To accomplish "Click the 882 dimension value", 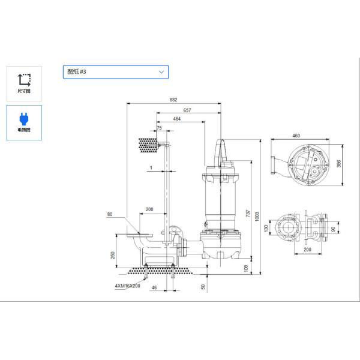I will tap(173, 100).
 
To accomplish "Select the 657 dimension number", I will tap(187, 110).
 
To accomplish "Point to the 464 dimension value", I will tap(177, 119).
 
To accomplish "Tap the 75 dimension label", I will tap(158, 128).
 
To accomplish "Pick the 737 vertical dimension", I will tap(247, 214).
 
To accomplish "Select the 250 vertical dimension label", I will tap(113, 254).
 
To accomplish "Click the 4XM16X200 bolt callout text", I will tap(127, 286).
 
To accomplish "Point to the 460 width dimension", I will tap(296, 136).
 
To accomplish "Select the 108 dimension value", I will tap(245, 268).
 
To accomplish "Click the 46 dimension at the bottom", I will tap(154, 289).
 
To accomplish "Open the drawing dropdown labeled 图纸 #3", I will tap(115, 72).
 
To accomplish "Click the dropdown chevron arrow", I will tap(161, 72).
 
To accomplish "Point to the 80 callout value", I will tap(110, 214).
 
